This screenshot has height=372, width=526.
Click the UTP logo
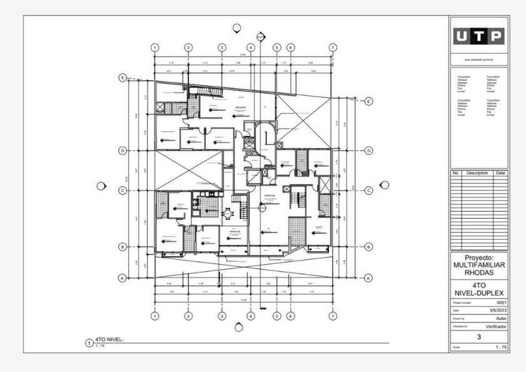point(479,37)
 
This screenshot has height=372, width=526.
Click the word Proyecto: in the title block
point(479,257)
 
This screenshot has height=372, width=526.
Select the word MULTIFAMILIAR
point(479,266)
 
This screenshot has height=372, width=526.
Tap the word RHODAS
point(479,273)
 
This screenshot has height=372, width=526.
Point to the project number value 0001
point(501,302)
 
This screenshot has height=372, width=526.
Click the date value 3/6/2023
point(497,311)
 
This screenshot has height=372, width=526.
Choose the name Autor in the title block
point(500,318)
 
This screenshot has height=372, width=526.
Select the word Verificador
point(495,326)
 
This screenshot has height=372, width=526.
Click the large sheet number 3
point(479,337)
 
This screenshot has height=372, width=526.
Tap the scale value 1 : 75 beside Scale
point(500,346)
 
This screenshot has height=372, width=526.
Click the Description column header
point(477,173)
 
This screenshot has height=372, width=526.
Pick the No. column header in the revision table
point(456,173)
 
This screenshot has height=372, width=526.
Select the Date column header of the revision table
point(500,173)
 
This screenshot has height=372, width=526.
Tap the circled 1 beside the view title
point(88,343)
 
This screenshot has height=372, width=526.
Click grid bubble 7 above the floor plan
point(333,48)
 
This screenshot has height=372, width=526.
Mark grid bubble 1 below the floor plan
point(155,316)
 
